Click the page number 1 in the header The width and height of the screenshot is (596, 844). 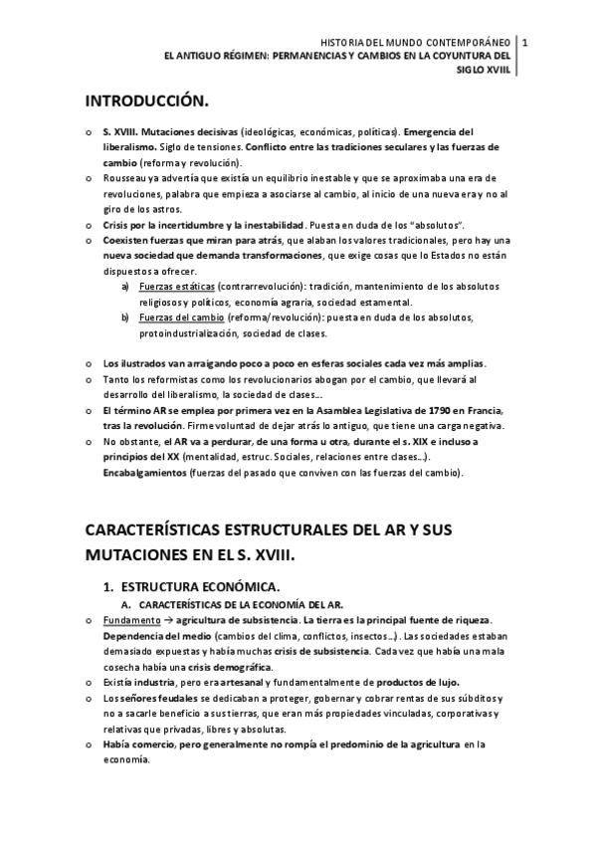click(524, 43)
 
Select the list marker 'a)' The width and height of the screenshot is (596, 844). click(125, 287)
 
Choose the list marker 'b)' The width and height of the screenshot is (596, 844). click(125, 317)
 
